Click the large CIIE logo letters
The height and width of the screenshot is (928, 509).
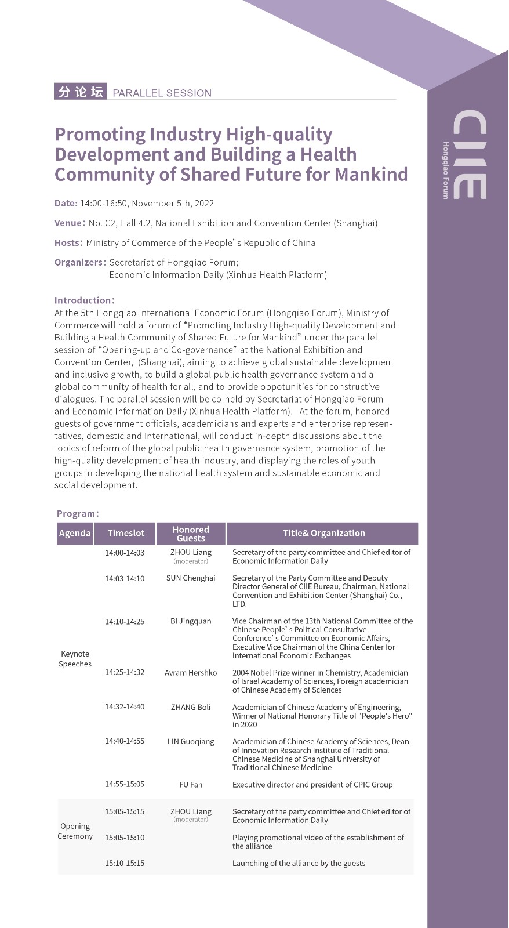coord(470,154)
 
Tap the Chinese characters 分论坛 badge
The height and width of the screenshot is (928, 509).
coord(81,92)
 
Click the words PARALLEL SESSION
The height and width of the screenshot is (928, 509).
coord(162,93)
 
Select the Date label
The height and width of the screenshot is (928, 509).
coord(66,203)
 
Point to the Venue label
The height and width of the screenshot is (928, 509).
coord(70,223)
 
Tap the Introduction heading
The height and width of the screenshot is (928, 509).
coord(84,300)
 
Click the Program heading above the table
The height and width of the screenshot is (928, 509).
coord(78,513)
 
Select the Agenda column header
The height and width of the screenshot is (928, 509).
coord(75,533)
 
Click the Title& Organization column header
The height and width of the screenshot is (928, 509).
coord(323,533)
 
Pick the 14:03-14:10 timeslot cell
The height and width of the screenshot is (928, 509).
coord(125,578)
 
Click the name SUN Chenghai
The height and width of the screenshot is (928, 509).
coord(191,578)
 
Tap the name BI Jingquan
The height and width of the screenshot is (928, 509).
coord(191,621)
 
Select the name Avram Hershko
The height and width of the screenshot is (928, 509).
coord(191,673)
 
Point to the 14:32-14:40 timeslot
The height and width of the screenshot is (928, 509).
coord(125,707)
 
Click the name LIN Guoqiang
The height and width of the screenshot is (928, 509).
coord(191,741)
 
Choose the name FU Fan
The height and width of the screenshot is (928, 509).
coord(191,785)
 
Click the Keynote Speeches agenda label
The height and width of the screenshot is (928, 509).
coord(75,659)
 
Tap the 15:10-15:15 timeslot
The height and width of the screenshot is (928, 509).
coord(125,863)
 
